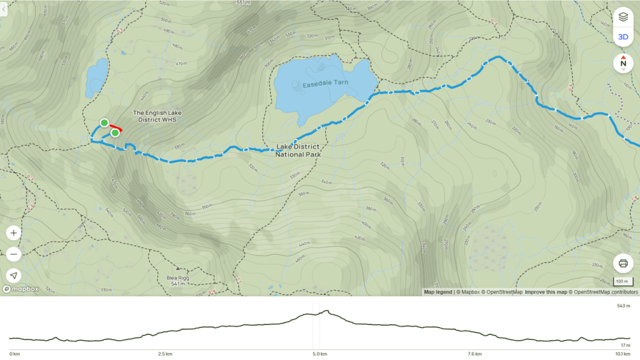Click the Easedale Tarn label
(325, 83)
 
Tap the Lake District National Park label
(298, 151)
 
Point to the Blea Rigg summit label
(177, 281)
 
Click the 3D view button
(622, 37)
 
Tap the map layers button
(622, 17)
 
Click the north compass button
(622, 62)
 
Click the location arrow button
(14, 276)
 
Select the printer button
(622, 263)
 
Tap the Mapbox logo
(21, 289)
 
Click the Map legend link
(437, 292)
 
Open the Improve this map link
(546, 292)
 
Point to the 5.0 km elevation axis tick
(319, 354)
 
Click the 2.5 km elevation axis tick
(165, 354)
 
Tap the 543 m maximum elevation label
(622, 306)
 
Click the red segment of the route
(116, 127)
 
